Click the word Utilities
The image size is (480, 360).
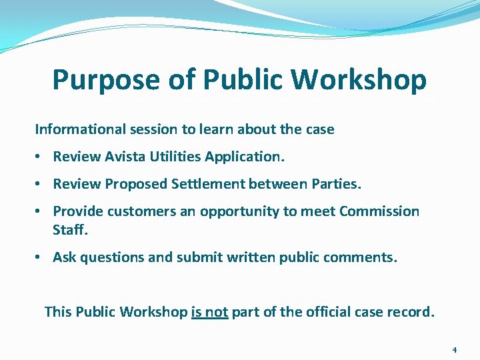(173, 157)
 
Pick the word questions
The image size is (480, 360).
(113, 257)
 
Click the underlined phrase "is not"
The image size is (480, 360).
(209, 311)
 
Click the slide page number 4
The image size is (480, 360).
(454, 349)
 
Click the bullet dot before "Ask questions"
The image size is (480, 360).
(39, 257)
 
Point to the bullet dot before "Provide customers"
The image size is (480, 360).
(39, 211)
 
